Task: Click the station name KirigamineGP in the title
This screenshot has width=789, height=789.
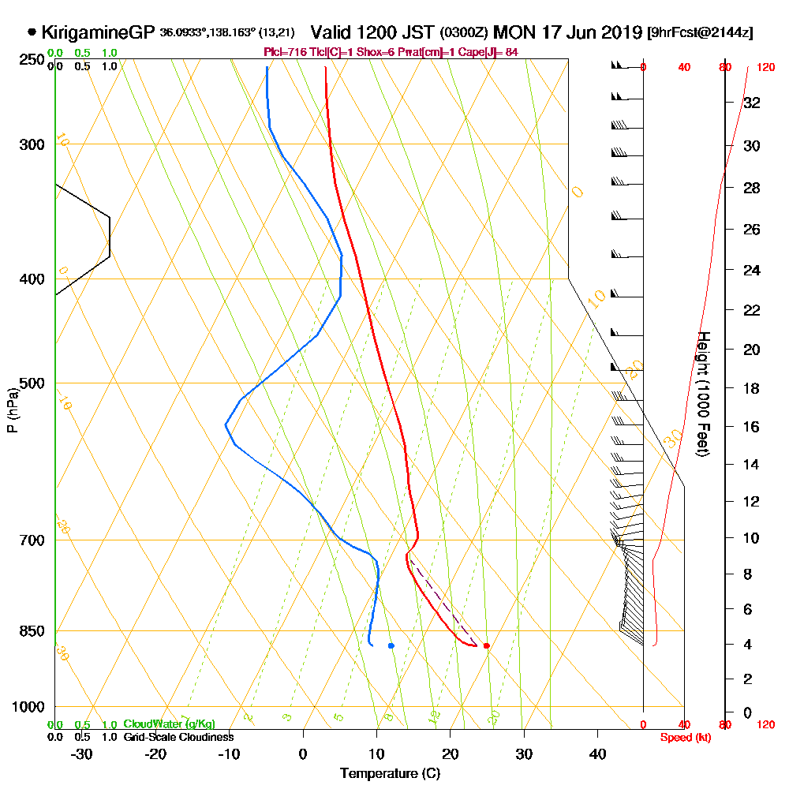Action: (x=97, y=32)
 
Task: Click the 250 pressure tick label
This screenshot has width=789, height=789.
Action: (x=31, y=59)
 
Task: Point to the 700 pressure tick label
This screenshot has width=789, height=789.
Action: (x=31, y=540)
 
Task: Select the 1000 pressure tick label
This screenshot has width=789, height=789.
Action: (x=28, y=706)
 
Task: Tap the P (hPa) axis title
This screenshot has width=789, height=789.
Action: (x=12, y=409)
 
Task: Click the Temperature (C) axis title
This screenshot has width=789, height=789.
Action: (x=390, y=773)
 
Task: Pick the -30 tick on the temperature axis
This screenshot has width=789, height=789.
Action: (x=82, y=753)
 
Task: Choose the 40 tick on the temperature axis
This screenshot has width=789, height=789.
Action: (x=598, y=753)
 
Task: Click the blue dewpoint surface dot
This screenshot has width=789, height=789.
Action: (x=391, y=645)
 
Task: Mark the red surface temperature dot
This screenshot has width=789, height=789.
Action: (x=486, y=645)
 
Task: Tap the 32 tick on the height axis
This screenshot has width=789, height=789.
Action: (x=751, y=103)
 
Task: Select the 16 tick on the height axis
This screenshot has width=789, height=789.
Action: (x=751, y=427)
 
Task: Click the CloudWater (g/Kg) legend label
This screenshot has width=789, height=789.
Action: (x=169, y=724)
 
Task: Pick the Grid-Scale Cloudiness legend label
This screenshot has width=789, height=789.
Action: (x=178, y=737)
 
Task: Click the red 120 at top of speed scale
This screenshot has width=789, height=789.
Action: (x=765, y=67)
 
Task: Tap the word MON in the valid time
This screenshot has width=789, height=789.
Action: (x=513, y=32)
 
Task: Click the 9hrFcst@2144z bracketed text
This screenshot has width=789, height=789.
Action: (x=699, y=33)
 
